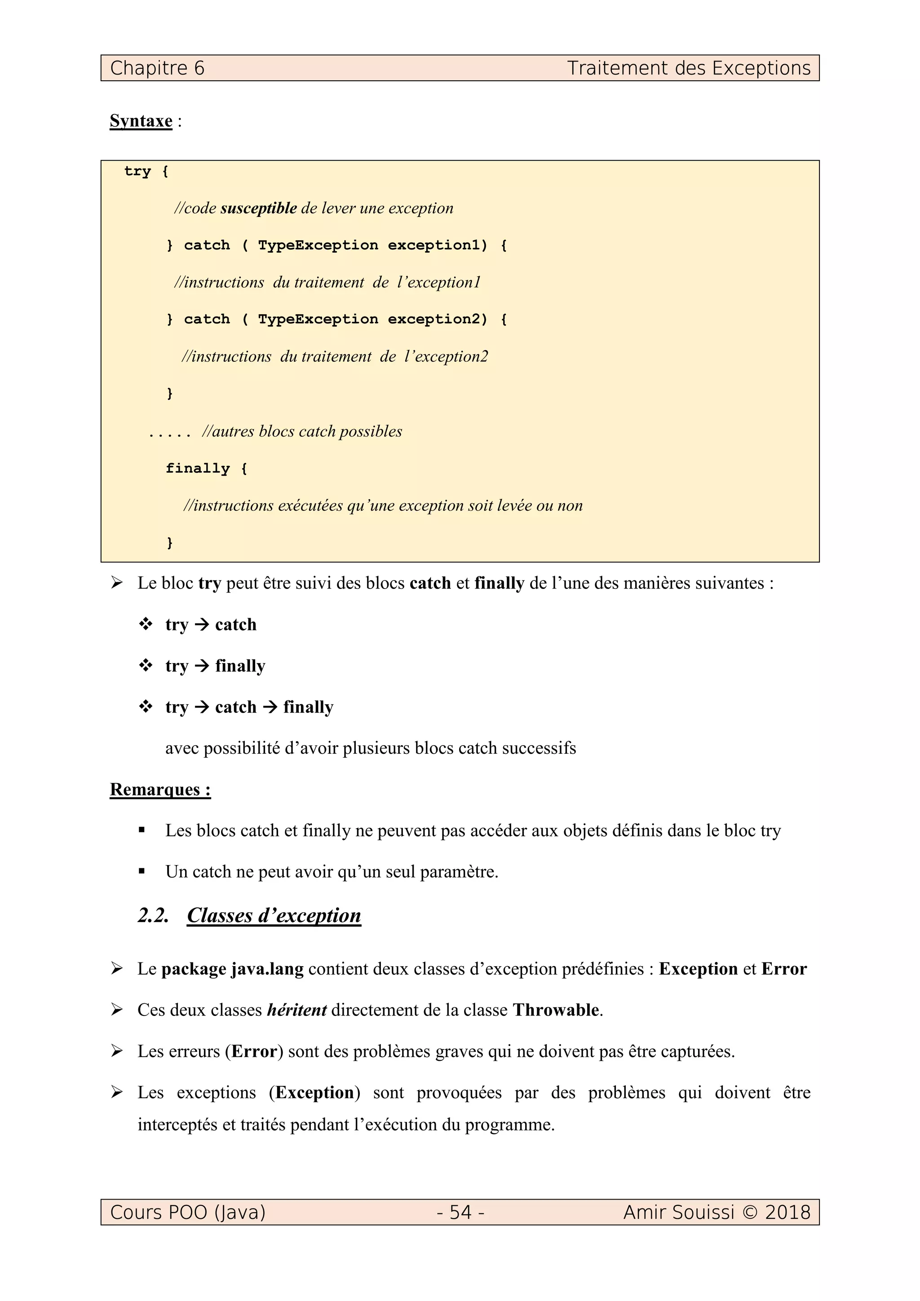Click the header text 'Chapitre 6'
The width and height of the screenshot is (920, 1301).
(x=157, y=68)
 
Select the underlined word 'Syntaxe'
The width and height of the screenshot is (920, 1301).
(x=141, y=121)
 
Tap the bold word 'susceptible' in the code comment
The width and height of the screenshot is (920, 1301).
(x=258, y=208)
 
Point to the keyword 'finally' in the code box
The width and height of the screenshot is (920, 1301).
(x=197, y=468)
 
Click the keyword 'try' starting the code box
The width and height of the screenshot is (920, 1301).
(x=137, y=171)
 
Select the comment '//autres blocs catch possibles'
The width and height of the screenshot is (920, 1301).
(x=301, y=431)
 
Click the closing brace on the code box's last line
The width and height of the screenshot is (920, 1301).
(x=169, y=543)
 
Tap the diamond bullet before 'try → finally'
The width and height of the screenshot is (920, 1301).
(x=146, y=665)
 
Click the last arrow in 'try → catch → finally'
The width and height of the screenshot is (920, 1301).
(x=270, y=707)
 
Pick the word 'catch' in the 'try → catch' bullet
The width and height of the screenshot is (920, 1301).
(x=235, y=624)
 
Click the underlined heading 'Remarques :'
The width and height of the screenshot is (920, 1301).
(x=160, y=789)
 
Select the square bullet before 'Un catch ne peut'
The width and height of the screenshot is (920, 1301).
(x=142, y=871)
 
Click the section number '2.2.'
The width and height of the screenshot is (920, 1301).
(x=153, y=915)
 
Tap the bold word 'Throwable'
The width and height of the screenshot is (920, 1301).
(x=556, y=1010)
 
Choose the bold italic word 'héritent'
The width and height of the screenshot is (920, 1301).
(x=296, y=1010)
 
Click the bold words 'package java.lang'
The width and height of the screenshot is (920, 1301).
(x=232, y=969)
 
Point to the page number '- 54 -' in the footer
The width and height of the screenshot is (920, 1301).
(x=460, y=1212)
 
